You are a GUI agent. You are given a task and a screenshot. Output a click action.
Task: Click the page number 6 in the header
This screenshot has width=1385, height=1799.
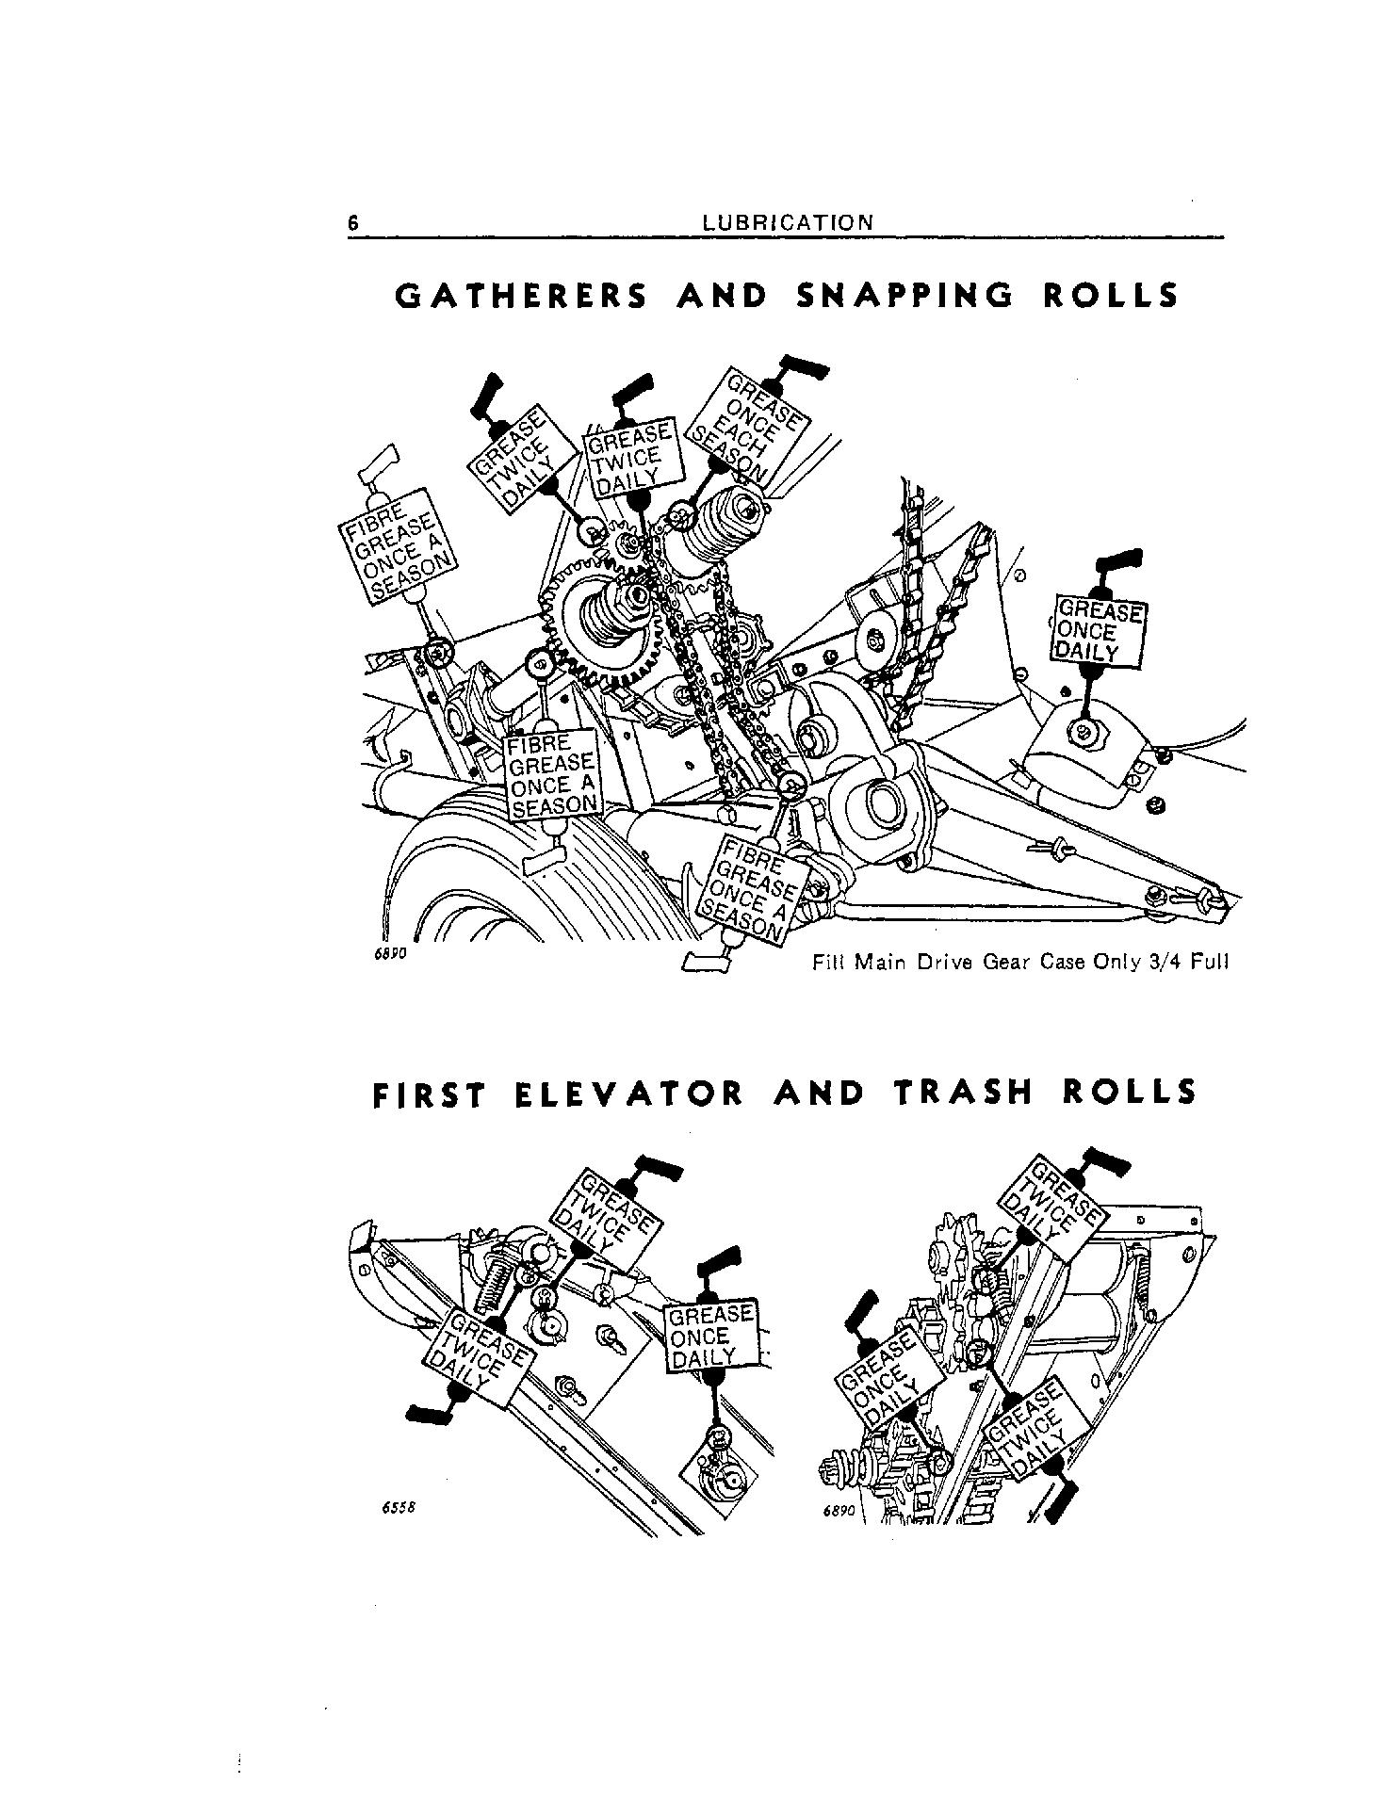(353, 223)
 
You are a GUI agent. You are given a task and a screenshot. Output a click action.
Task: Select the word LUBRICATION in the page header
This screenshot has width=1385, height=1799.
(788, 223)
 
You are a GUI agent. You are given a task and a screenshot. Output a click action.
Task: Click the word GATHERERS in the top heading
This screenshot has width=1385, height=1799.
(521, 297)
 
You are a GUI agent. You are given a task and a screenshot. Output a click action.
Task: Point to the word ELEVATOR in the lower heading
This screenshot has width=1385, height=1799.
(630, 1093)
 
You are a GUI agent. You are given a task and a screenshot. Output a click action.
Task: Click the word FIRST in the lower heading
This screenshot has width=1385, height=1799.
(431, 1093)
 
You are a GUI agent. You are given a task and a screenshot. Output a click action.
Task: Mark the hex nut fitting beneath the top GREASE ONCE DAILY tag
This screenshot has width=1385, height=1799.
(1084, 729)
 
